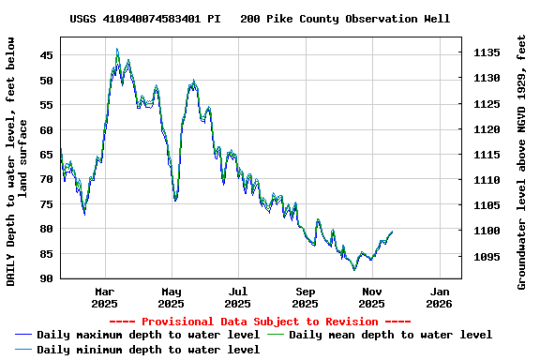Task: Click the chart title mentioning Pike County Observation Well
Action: (260, 19)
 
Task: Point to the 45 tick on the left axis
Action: (47, 55)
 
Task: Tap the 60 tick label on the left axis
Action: (47, 129)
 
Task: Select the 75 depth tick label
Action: (47, 204)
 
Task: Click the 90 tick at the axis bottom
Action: (47, 278)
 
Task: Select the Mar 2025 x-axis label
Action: (104, 297)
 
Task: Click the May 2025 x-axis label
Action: (171, 297)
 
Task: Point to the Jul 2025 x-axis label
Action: (238, 297)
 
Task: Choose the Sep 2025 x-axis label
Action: (305, 297)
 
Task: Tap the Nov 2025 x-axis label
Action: (372, 297)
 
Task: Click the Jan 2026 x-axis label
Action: (439, 297)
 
